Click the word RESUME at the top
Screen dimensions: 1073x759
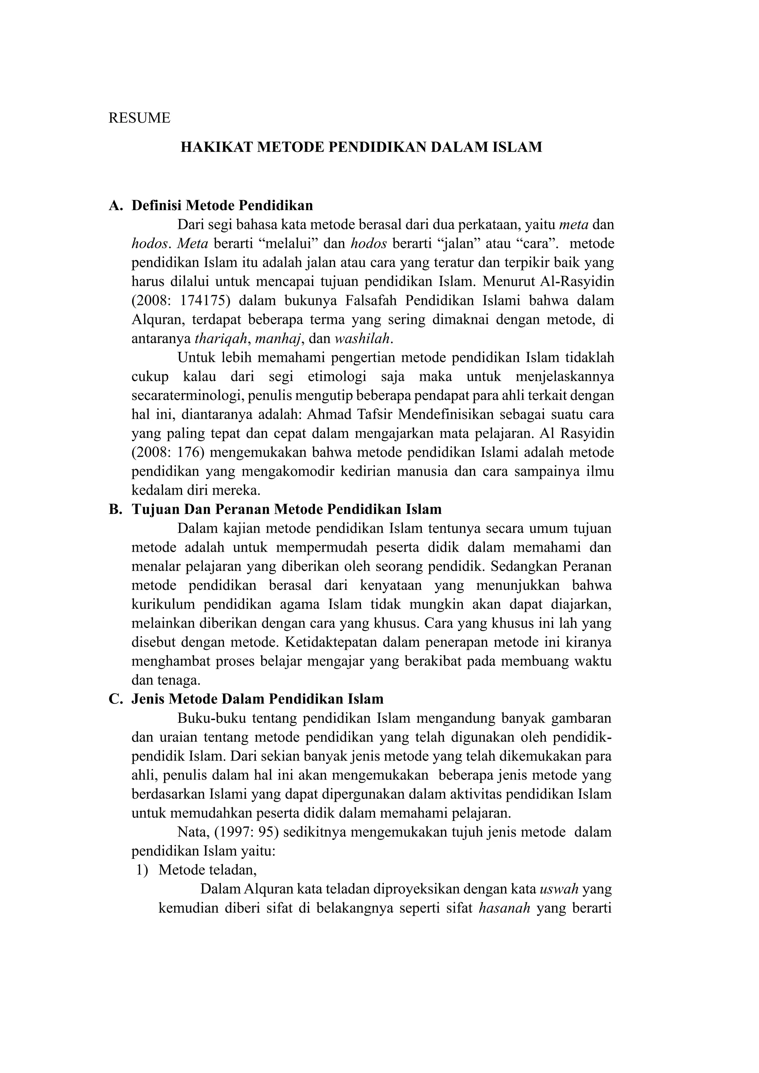139,118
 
